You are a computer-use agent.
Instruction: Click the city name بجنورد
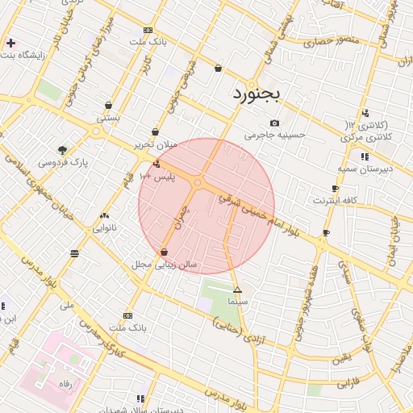tap(257, 94)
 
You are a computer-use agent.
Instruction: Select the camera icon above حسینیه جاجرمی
tap(275, 123)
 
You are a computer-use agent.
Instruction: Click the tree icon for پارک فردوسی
tap(62, 149)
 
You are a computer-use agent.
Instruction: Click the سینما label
tap(237, 300)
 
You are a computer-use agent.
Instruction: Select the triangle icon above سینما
tap(237, 289)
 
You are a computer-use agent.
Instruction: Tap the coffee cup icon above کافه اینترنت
tap(326, 232)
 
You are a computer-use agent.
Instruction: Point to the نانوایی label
tap(105, 227)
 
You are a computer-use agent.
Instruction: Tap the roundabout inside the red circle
tap(198, 183)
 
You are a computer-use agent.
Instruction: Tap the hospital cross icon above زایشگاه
tap(10, 43)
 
